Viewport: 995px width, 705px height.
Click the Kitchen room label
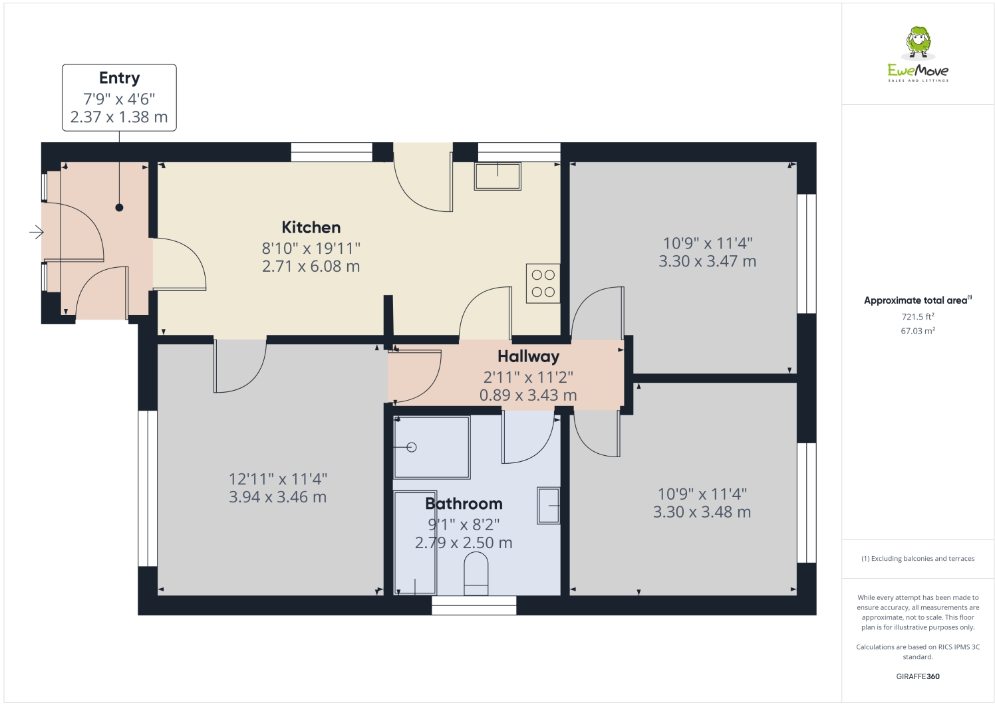click(311, 227)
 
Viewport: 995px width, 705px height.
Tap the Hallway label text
click(528, 356)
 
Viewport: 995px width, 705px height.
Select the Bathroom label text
click(464, 504)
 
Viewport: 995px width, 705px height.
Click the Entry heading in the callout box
click(119, 78)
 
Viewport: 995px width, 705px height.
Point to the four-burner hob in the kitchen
click(543, 284)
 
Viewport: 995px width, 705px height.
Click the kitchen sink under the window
click(497, 176)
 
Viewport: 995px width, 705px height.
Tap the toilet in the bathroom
click(476, 575)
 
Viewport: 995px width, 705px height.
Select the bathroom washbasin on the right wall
click(549, 505)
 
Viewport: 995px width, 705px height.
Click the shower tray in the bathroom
click(431, 447)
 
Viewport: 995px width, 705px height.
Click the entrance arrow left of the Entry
click(36, 232)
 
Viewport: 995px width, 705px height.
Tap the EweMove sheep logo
click(919, 44)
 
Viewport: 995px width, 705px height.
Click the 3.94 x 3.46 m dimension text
click(277, 497)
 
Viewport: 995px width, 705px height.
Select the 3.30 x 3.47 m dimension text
click(707, 261)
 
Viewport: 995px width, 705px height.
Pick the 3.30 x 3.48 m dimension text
click(702, 512)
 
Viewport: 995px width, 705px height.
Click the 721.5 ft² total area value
click(917, 317)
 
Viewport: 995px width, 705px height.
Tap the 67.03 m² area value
click(917, 331)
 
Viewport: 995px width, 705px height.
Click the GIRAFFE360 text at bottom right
click(917, 676)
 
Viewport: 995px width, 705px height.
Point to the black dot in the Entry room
click(119, 207)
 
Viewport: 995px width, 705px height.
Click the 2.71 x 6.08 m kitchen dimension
click(311, 266)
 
